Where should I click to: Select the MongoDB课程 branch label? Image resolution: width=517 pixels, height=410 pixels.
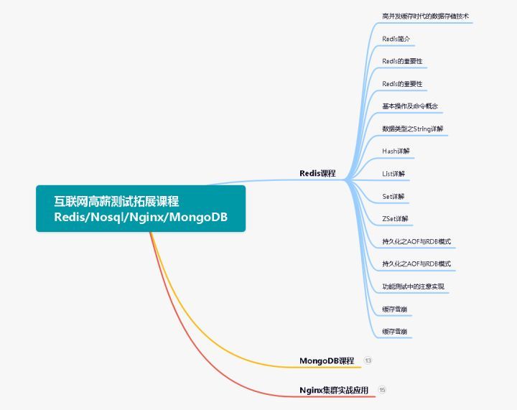tap(327, 360)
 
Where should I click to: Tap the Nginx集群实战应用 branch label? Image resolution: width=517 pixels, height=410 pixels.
tap(334, 390)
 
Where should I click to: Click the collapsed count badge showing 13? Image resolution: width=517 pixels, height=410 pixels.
tap(368, 360)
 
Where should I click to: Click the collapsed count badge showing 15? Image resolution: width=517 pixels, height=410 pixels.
tap(382, 390)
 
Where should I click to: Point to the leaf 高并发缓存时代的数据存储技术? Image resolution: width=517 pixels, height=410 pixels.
tap(425, 15)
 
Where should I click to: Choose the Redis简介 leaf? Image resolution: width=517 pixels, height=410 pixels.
tap(396, 38)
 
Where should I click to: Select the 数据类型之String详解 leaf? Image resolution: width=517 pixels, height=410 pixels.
tap(412, 129)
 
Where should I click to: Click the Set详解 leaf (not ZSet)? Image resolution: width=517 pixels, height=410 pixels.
tap(393, 196)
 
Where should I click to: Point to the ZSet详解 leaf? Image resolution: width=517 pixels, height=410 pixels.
tap(395, 218)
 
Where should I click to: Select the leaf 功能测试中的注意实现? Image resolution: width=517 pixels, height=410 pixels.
tap(413, 286)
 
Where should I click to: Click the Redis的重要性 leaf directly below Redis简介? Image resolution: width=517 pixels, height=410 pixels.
tap(402, 61)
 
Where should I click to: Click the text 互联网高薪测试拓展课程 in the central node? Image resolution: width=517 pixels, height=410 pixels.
tap(122, 201)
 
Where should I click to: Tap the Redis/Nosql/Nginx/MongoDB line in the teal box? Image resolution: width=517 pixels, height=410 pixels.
tap(141, 217)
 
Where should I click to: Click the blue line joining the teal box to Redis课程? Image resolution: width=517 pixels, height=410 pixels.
tap(273, 181)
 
